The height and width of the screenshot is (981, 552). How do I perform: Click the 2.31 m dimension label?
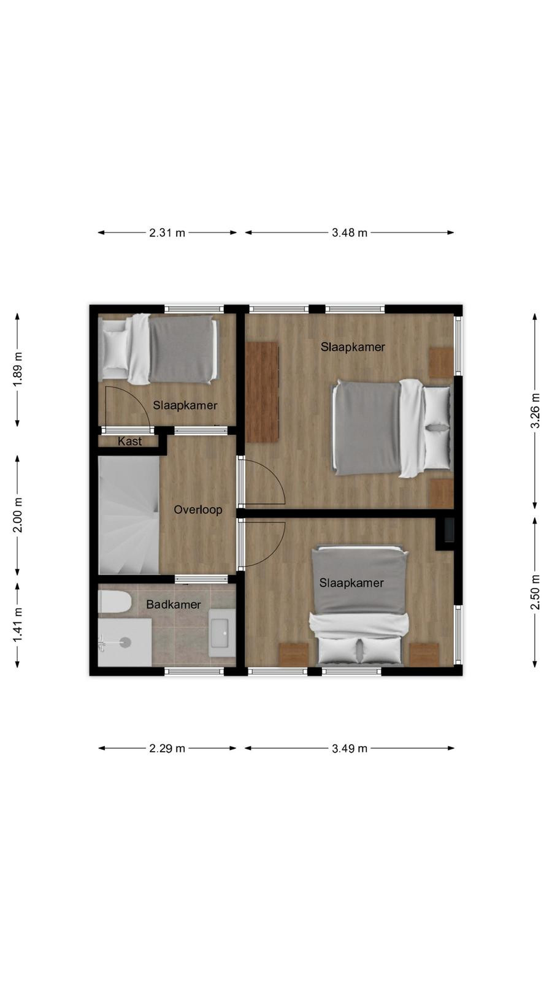(167, 232)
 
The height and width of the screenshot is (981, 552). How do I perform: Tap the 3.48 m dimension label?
(349, 232)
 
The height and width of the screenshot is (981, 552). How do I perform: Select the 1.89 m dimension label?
(18, 370)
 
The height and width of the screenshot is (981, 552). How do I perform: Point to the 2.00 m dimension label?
(18, 515)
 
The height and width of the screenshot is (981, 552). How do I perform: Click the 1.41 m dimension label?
(18, 625)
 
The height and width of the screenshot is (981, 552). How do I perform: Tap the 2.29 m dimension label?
(167, 749)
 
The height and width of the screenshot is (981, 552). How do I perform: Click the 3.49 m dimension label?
(349, 749)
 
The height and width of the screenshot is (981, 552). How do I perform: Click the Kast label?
(129, 441)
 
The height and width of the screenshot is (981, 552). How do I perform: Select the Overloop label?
(198, 510)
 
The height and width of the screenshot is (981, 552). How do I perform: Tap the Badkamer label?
(174, 605)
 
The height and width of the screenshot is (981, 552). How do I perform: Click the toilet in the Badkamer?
(114, 601)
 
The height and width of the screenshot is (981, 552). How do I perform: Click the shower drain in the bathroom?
(125, 643)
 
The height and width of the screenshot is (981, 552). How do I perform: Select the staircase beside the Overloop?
(129, 515)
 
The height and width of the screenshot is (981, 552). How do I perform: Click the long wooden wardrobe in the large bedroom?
(262, 392)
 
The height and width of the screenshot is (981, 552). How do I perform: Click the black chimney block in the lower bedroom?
(449, 530)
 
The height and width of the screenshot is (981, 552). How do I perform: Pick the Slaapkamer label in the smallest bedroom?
(185, 405)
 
